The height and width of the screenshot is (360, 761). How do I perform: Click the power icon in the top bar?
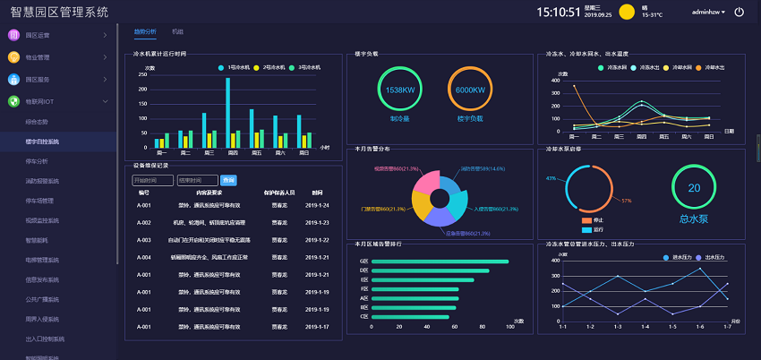click(x=739, y=12)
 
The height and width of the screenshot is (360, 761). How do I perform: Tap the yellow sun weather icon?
click(x=627, y=13)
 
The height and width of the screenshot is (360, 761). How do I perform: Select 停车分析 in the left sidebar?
click(x=37, y=161)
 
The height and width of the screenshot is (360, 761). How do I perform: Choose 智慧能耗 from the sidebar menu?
click(x=37, y=240)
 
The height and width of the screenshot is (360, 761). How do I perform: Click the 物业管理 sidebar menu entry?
click(x=38, y=57)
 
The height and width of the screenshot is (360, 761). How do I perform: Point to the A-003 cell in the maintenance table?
click(x=143, y=240)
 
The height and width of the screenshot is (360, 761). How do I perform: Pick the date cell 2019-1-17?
click(x=317, y=326)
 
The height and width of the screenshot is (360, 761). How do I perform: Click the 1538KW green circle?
click(x=399, y=90)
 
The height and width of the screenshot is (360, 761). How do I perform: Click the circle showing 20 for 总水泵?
click(x=694, y=187)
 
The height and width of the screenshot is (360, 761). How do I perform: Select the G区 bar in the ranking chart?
click(x=439, y=261)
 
